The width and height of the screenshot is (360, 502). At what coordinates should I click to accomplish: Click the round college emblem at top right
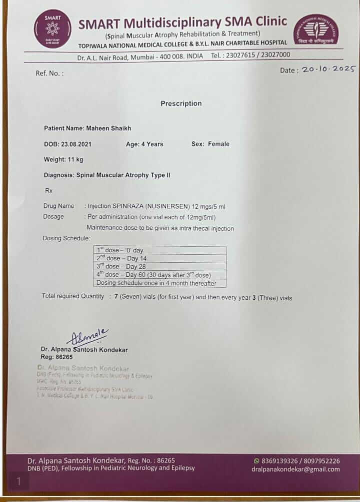tap(315, 29)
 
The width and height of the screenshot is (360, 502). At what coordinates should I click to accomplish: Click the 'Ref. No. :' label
tap(49, 73)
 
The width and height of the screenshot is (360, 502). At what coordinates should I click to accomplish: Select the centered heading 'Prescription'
tap(181, 103)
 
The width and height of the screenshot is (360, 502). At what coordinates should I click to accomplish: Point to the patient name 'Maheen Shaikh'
tap(108, 128)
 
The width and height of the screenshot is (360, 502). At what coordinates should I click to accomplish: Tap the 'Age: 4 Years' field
tap(144, 144)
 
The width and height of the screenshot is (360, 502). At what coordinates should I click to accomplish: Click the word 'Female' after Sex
tap(218, 144)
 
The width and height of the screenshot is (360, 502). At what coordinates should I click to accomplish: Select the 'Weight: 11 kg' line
tap(63, 159)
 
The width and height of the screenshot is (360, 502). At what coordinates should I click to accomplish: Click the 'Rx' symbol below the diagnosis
tap(48, 190)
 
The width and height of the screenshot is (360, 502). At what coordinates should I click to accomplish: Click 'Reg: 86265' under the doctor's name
tap(56, 357)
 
